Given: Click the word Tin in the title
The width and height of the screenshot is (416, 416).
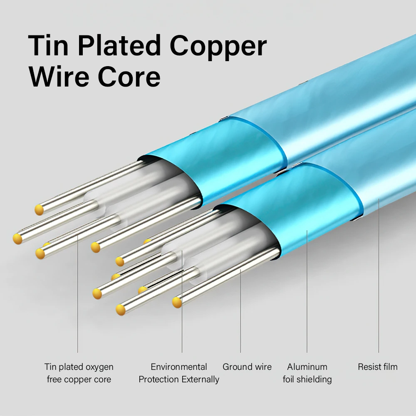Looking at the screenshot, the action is pyautogui.click(x=48, y=45).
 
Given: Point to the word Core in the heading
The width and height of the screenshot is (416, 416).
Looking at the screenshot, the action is pyautogui.click(x=129, y=77).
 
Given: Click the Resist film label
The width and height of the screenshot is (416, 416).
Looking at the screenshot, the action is pyautogui.click(x=378, y=366).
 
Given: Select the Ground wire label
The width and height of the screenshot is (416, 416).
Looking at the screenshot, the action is pyautogui.click(x=247, y=366).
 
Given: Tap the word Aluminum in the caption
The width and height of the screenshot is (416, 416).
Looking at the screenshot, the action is pyautogui.click(x=307, y=366).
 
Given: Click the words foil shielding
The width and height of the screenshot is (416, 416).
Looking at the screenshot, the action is pyautogui.click(x=307, y=379).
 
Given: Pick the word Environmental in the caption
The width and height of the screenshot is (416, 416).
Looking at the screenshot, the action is pyautogui.click(x=179, y=366).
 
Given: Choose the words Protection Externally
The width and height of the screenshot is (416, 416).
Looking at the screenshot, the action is pyautogui.click(x=179, y=379).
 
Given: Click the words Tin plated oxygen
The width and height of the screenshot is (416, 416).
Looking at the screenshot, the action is pyautogui.click(x=79, y=367).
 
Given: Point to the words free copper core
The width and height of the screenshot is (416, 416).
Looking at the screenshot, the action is pyautogui.click(x=79, y=380).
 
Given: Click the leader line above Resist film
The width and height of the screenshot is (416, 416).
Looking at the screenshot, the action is pyautogui.click(x=379, y=275).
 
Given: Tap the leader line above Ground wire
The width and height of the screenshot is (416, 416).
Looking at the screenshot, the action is pyautogui.click(x=240, y=311).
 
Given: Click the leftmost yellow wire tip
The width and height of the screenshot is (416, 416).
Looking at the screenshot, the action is pyautogui.click(x=17, y=239).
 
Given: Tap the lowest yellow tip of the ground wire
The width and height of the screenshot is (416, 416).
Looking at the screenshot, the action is pyautogui.click(x=177, y=302).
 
